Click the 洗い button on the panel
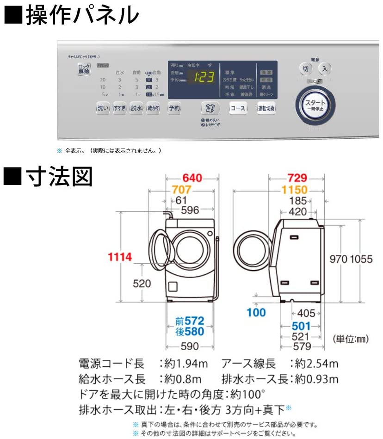click(x=103, y=108)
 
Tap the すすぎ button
click(x=119, y=108)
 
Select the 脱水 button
click(x=136, y=108)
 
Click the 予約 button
click(x=174, y=108)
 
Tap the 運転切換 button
click(x=266, y=108)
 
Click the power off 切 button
click(x=305, y=69)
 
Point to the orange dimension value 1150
click(x=294, y=190)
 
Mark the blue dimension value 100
click(x=256, y=312)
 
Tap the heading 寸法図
click(x=58, y=177)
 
